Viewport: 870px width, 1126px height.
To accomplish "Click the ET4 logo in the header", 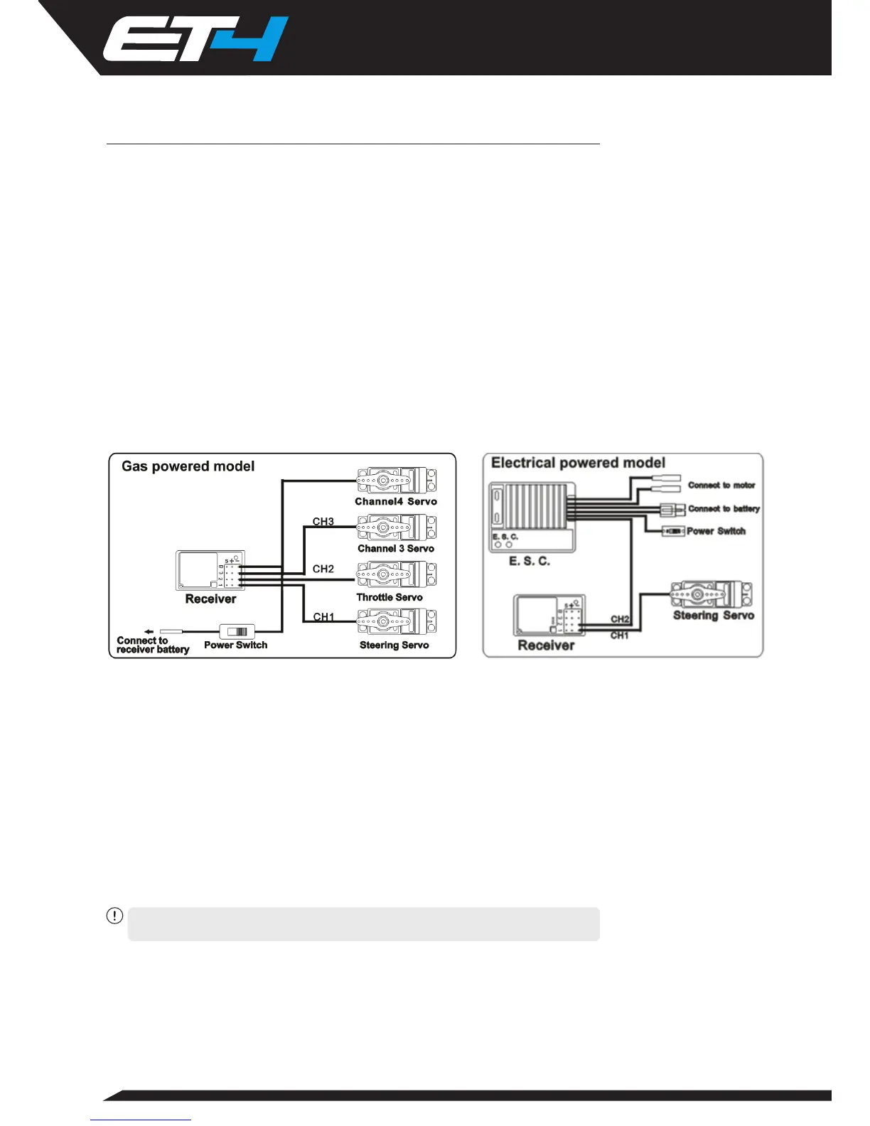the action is tap(195, 40).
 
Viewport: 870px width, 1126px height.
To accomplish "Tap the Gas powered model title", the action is tap(188, 466).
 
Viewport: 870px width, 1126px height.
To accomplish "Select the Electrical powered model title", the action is tap(578, 463).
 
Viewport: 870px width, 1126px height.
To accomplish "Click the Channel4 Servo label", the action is tap(396, 501).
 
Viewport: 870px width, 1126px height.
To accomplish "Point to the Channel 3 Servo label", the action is tap(396, 548).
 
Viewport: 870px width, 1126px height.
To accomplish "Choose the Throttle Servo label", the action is tap(390, 597).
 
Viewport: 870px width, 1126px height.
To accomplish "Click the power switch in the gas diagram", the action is tap(237, 631).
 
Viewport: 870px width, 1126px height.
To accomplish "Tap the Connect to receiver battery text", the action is tap(152, 645).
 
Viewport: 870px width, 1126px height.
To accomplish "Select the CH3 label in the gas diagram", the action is tap(323, 522).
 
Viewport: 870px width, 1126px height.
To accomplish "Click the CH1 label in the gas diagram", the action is tap(323, 616).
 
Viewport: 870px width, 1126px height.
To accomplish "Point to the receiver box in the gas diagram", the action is tap(210, 570).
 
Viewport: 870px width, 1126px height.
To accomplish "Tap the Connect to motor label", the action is tap(721, 486).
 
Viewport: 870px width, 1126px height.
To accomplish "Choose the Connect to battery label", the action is tap(724, 509).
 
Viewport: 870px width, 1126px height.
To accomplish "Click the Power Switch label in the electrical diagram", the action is tap(716, 531).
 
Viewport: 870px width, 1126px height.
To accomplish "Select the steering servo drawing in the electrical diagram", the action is tap(711, 594).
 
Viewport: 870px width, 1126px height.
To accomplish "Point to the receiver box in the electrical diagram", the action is tap(549, 616).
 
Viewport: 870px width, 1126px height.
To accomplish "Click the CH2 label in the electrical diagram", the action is tap(620, 619).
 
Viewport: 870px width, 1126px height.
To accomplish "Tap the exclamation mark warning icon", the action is tap(114, 916).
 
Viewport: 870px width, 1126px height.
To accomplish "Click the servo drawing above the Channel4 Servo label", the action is tap(397, 481).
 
